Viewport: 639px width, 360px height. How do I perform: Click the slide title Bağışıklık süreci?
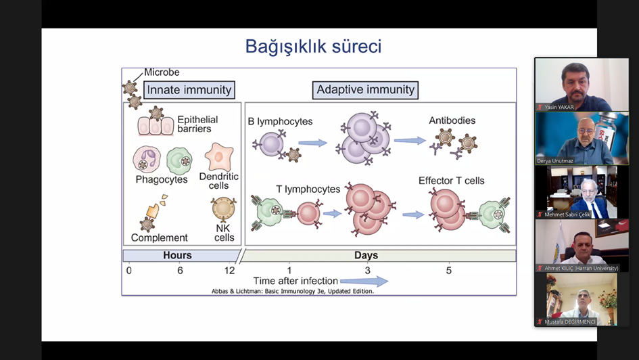[x=313, y=47]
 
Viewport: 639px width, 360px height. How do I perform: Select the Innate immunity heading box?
[x=189, y=90]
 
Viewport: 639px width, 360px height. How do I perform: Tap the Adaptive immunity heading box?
[x=366, y=90]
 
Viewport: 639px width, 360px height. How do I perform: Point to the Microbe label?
[x=162, y=72]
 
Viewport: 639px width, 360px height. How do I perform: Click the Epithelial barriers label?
[x=197, y=125]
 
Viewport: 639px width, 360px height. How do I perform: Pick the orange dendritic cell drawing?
[x=218, y=156]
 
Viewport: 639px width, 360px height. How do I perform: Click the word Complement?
[x=159, y=238]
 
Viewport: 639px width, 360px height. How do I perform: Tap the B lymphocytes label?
[x=280, y=122]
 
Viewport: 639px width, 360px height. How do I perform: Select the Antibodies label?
[x=452, y=121]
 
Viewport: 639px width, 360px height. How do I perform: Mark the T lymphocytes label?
[x=308, y=189]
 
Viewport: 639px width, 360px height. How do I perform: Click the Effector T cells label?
[x=451, y=181]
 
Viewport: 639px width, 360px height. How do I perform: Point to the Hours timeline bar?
[x=178, y=256]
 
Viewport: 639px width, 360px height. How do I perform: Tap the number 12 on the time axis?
[x=230, y=271]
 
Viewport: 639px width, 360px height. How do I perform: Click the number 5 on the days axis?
[x=448, y=271]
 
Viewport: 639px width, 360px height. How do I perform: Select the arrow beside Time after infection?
[x=364, y=281]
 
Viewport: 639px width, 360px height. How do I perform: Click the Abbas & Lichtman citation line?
[x=292, y=292]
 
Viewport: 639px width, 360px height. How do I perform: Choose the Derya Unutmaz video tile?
[x=573, y=138]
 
